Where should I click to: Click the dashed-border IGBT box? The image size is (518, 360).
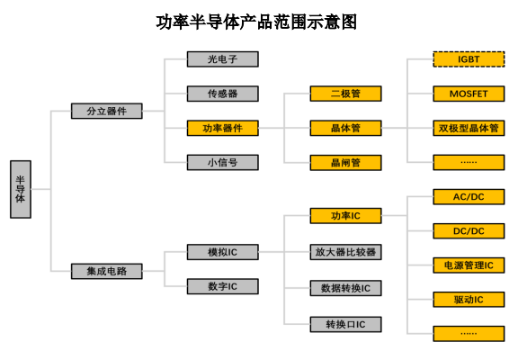click(x=469, y=59)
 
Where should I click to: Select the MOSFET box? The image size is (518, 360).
click(x=469, y=94)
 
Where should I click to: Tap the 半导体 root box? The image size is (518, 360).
click(x=21, y=189)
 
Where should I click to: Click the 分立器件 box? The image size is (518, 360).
click(x=107, y=111)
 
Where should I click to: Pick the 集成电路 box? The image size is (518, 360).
click(x=107, y=271)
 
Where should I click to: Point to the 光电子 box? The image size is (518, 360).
click(x=223, y=59)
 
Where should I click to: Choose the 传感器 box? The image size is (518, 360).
click(x=223, y=94)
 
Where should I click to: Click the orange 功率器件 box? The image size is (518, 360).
click(x=223, y=128)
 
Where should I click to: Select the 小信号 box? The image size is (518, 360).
click(x=223, y=162)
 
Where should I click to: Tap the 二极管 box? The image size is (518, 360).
click(x=345, y=94)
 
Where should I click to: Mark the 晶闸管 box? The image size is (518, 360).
click(x=345, y=162)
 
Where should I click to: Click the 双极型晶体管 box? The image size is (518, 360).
click(x=469, y=128)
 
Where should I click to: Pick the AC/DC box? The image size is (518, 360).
click(x=469, y=197)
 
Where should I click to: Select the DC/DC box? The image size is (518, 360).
click(x=469, y=231)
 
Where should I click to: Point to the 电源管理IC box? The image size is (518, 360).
click(x=469, y=265)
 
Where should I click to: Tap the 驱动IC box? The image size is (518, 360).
click(x=469, y=300)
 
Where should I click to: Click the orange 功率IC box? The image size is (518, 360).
click(x=345, y=215)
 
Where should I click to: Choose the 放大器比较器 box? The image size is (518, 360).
click(x=345, y=252)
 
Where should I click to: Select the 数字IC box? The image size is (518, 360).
click(x=223, y=286)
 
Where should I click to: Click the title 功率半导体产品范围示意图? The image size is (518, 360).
click(x=256, y=22)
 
